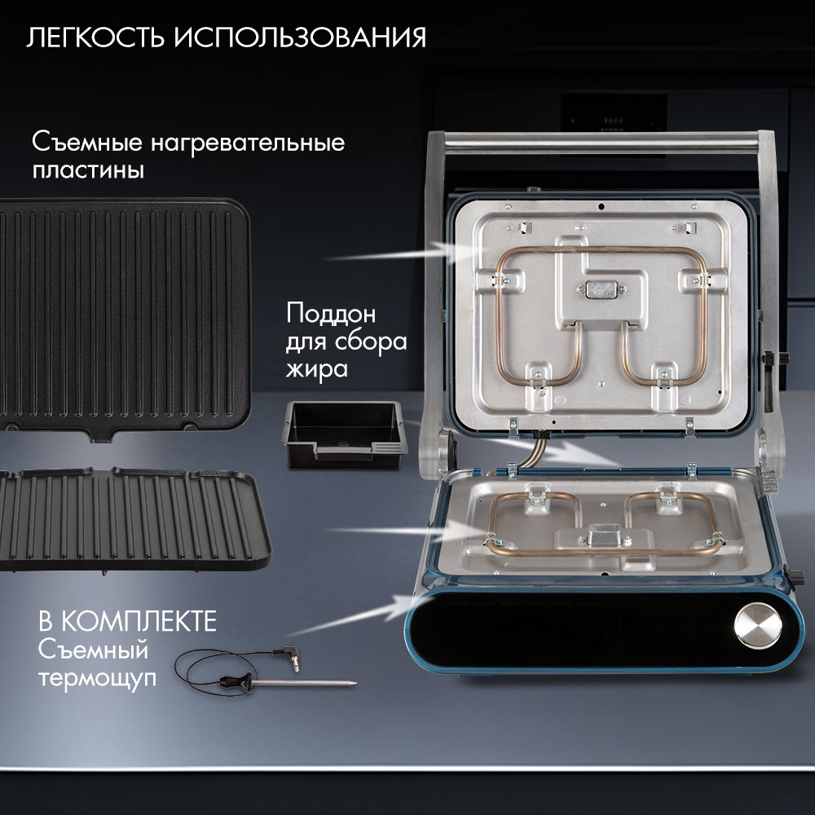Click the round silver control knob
point(758,625)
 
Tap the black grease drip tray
point(343,434)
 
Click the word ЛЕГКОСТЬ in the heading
point(96,37)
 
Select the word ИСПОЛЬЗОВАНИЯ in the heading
point(300,37)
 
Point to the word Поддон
point(331,314)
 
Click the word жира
point(316,369)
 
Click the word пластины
point(88,170)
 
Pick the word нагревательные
point(248,143)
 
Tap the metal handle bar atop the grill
point(601,143)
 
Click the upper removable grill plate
point(125,319)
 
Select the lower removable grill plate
point(134,518)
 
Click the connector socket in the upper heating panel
point(601,289)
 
